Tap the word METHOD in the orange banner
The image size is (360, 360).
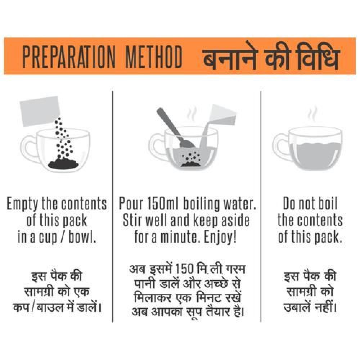point(154,57)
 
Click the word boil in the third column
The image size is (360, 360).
point(327,203)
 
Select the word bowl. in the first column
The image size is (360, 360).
point(82,237)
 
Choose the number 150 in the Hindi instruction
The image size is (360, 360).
point(184,269)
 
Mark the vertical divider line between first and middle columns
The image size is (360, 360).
point(112,206)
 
